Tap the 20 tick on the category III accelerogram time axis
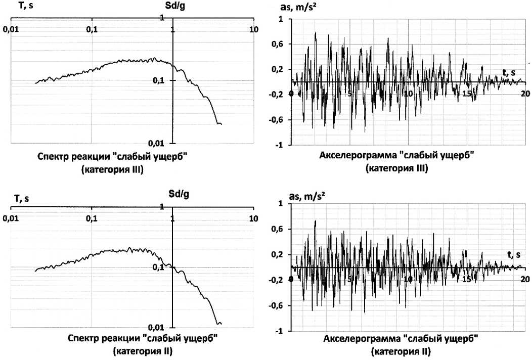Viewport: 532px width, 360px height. (x=525, y=94)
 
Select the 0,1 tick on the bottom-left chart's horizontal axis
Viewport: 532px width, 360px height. (x=91, y=218)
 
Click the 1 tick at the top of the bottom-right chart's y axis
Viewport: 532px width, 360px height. (x=282, y=204)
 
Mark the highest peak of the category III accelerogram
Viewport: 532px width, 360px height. (x=316, y=33)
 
